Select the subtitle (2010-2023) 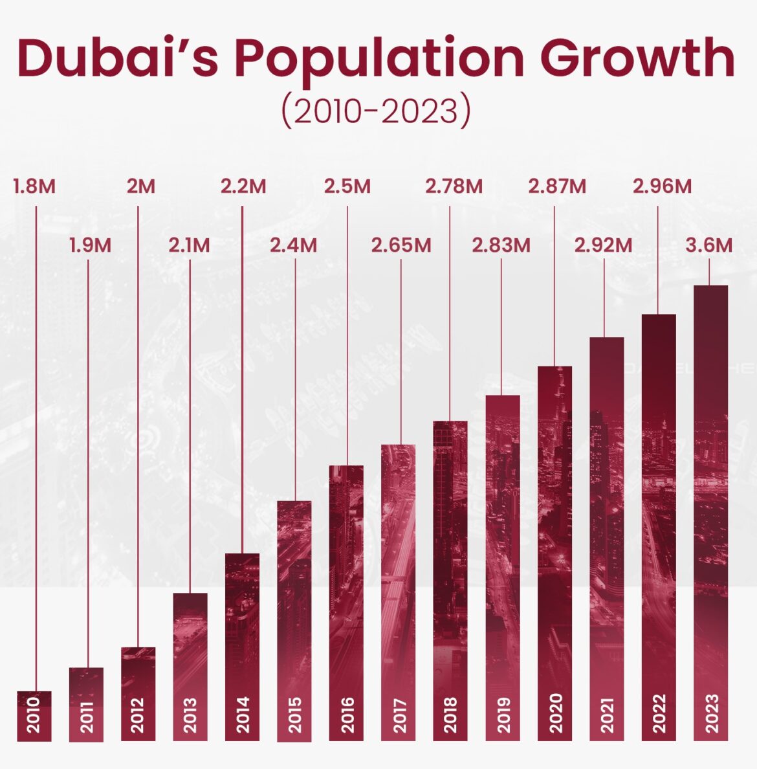375,111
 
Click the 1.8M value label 34,186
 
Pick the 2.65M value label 400,245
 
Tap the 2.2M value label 243,186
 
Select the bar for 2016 346,583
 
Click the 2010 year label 34,715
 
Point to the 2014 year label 243,715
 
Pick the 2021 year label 607,715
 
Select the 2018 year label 450,715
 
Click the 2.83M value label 501,245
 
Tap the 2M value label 140,186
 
